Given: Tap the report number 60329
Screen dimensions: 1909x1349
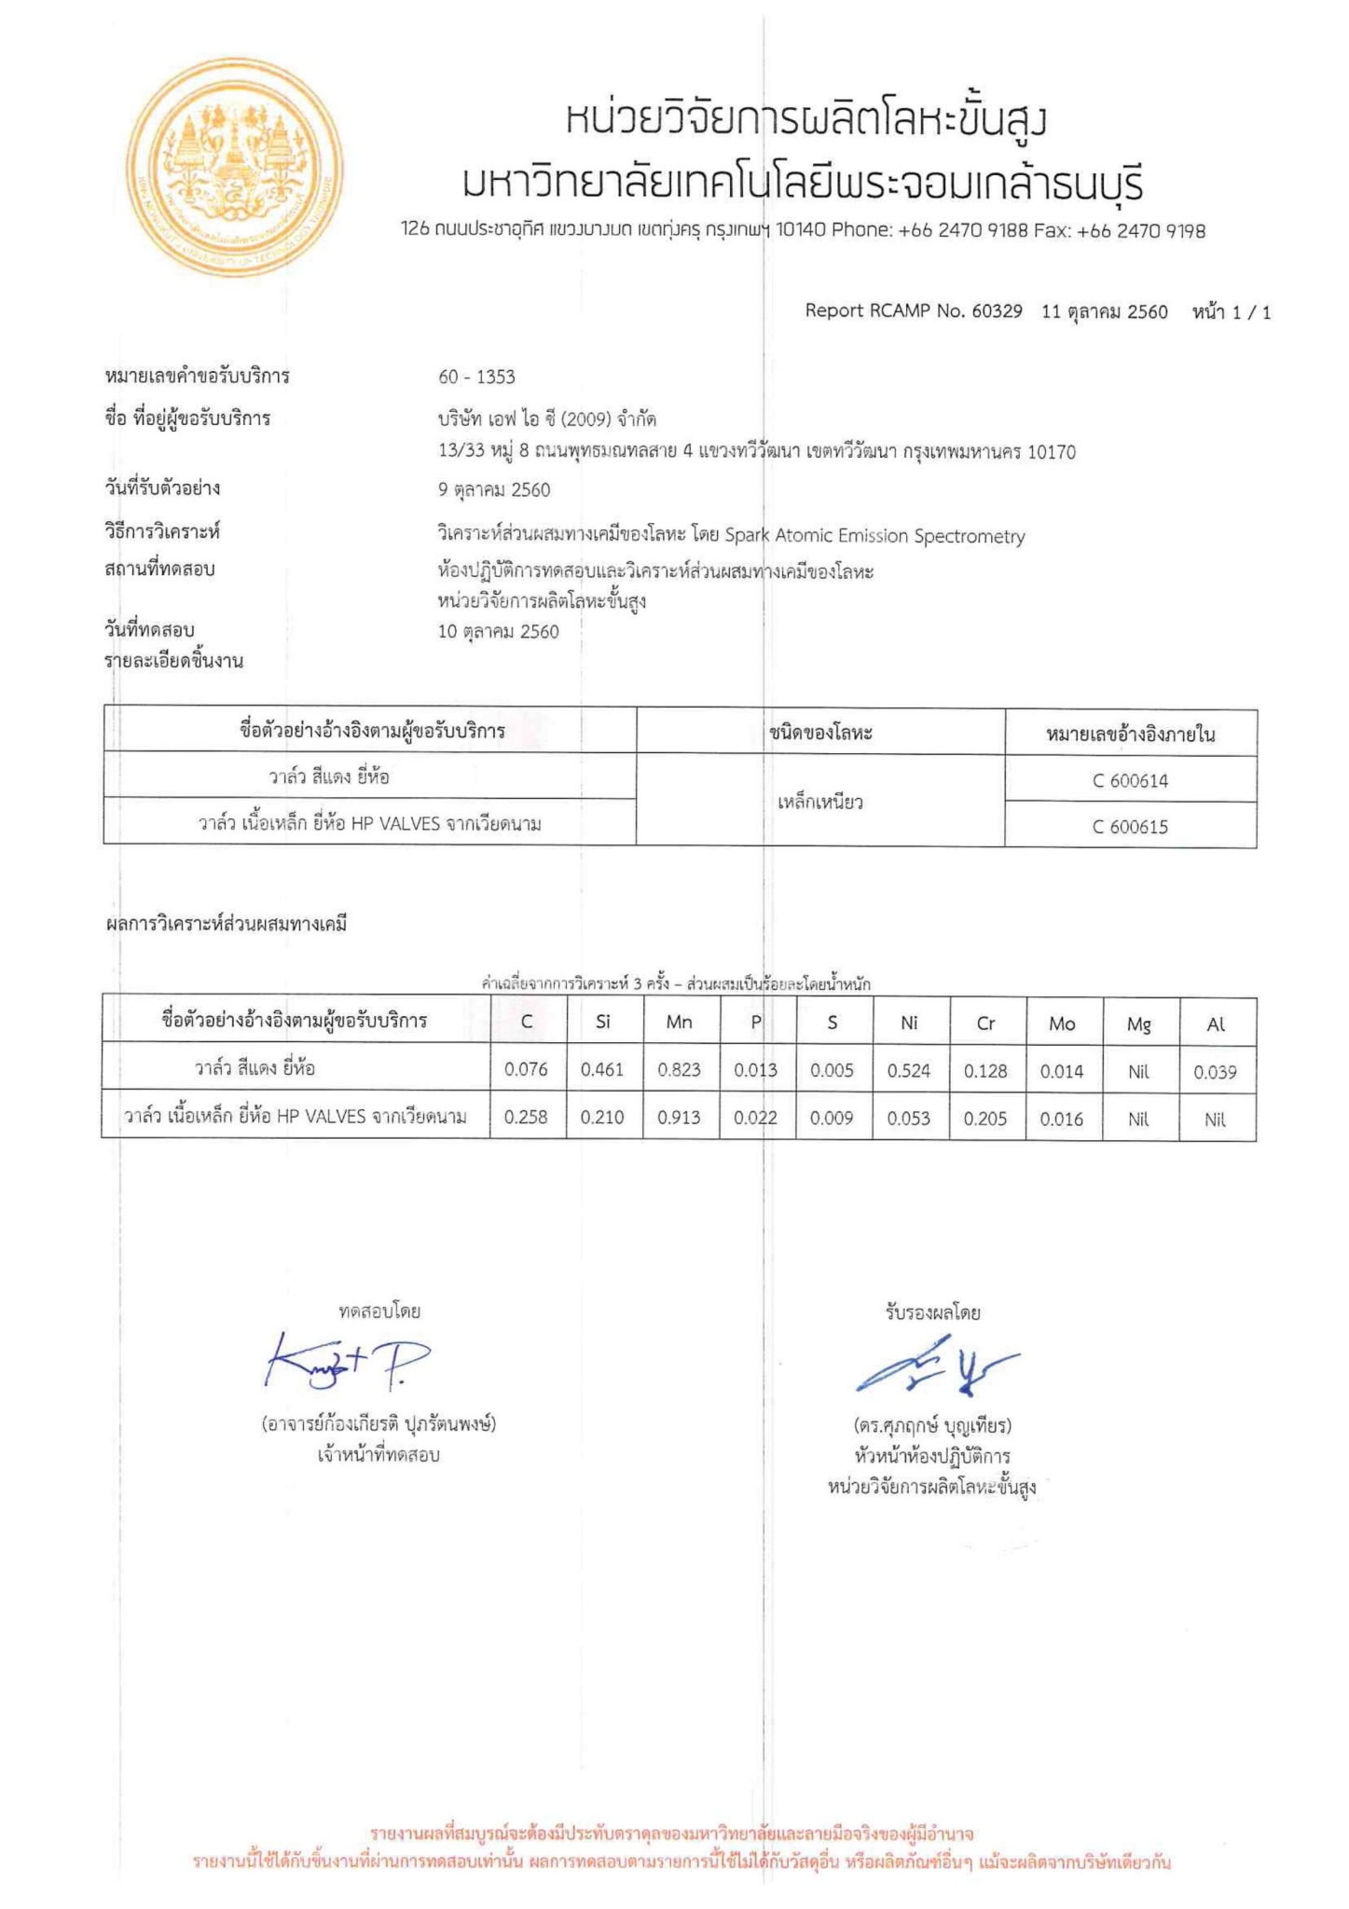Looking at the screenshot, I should click(997, 311).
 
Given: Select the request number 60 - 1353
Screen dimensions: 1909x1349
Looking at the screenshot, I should click(476, 377).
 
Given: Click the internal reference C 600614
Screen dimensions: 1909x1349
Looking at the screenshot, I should click(1130, 781).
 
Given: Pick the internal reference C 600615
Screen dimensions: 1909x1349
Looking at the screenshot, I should click(1130, 827).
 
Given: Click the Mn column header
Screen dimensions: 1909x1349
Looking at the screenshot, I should click(679, 1023).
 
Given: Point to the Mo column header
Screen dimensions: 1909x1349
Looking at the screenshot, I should click(1062, 1023).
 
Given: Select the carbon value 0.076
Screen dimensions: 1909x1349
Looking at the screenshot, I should click(526, 1070).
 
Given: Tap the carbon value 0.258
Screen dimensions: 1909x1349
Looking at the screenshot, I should click(526, 1117).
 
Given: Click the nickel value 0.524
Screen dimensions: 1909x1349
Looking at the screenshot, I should click(909, 1071).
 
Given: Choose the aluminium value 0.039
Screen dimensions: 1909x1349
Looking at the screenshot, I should click(1215, 1073).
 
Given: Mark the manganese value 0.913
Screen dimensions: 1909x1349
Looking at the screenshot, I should click(679, 1118).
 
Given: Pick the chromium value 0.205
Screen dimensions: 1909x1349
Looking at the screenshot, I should click(985, 1119).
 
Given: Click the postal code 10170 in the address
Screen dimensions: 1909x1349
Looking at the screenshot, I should click(1052, 453).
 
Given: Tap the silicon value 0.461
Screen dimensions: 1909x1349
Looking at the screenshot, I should click(602, 1070).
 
